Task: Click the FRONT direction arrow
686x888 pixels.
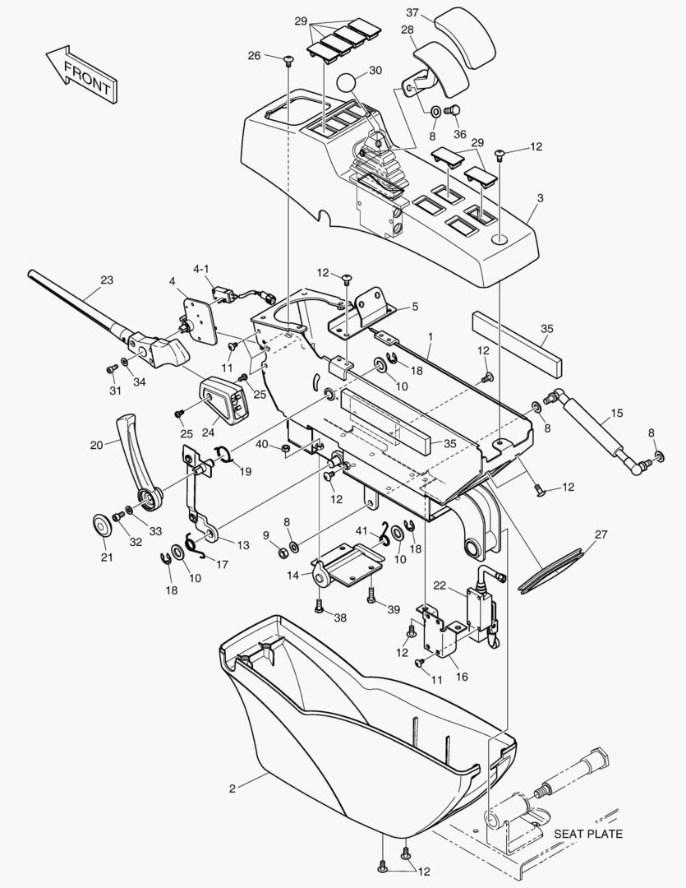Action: (82, 74)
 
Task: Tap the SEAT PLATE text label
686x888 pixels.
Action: (587, 834)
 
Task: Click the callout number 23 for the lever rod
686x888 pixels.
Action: (107, 280)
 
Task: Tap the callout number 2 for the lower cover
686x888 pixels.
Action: (232, 789)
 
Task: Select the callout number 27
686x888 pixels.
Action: (601, 534)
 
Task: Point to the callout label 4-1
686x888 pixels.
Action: (201, 268)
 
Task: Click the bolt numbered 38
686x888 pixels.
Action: (320, 608)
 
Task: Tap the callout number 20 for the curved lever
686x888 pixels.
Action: (97, 445)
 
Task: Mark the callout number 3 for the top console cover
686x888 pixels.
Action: (541, 198)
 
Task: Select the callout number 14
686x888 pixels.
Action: (292, 576)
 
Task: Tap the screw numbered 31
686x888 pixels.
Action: (112, 368)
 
